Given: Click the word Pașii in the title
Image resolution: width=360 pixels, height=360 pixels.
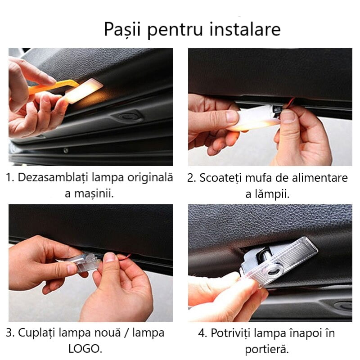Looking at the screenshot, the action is [x=122, y=29].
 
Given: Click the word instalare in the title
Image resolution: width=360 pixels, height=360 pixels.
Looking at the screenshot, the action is [x=245, y=29].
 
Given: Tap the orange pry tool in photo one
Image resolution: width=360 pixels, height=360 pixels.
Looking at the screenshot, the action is [x=51, y=86].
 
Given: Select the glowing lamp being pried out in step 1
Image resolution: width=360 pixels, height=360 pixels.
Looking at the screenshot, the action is [x=83, y=90].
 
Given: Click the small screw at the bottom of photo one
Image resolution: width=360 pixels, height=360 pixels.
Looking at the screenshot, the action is [x=66, y=151].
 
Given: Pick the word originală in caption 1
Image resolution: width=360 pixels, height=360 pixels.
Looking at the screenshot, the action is [x=150, y=178].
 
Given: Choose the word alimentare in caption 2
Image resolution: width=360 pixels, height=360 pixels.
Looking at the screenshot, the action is [x=319, y=178].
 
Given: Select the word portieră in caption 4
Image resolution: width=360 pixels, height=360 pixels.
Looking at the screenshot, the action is [x=266, y=349].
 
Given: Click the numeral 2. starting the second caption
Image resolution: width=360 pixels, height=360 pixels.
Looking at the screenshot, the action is [x=191, y=178].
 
